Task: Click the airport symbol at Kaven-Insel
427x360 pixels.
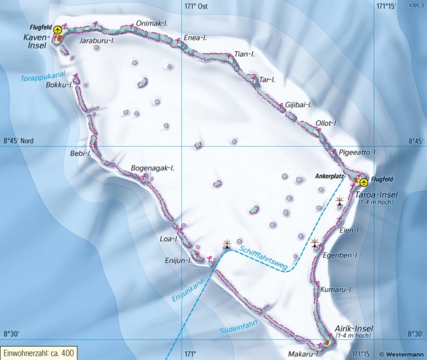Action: tap(58, 30)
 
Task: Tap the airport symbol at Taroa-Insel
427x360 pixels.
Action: tap(363, 183)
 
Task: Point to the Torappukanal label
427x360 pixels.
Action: tap(42, 76)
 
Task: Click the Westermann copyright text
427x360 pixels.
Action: tap(402, 354)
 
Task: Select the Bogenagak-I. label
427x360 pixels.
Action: tap(153, 168)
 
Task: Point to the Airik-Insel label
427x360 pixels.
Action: tap(354, 328)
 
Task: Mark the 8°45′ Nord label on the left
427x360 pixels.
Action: tap(18, 141)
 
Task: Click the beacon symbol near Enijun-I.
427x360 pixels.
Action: tap(227, 244)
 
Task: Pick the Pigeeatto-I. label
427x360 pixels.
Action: tap(358, 152)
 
